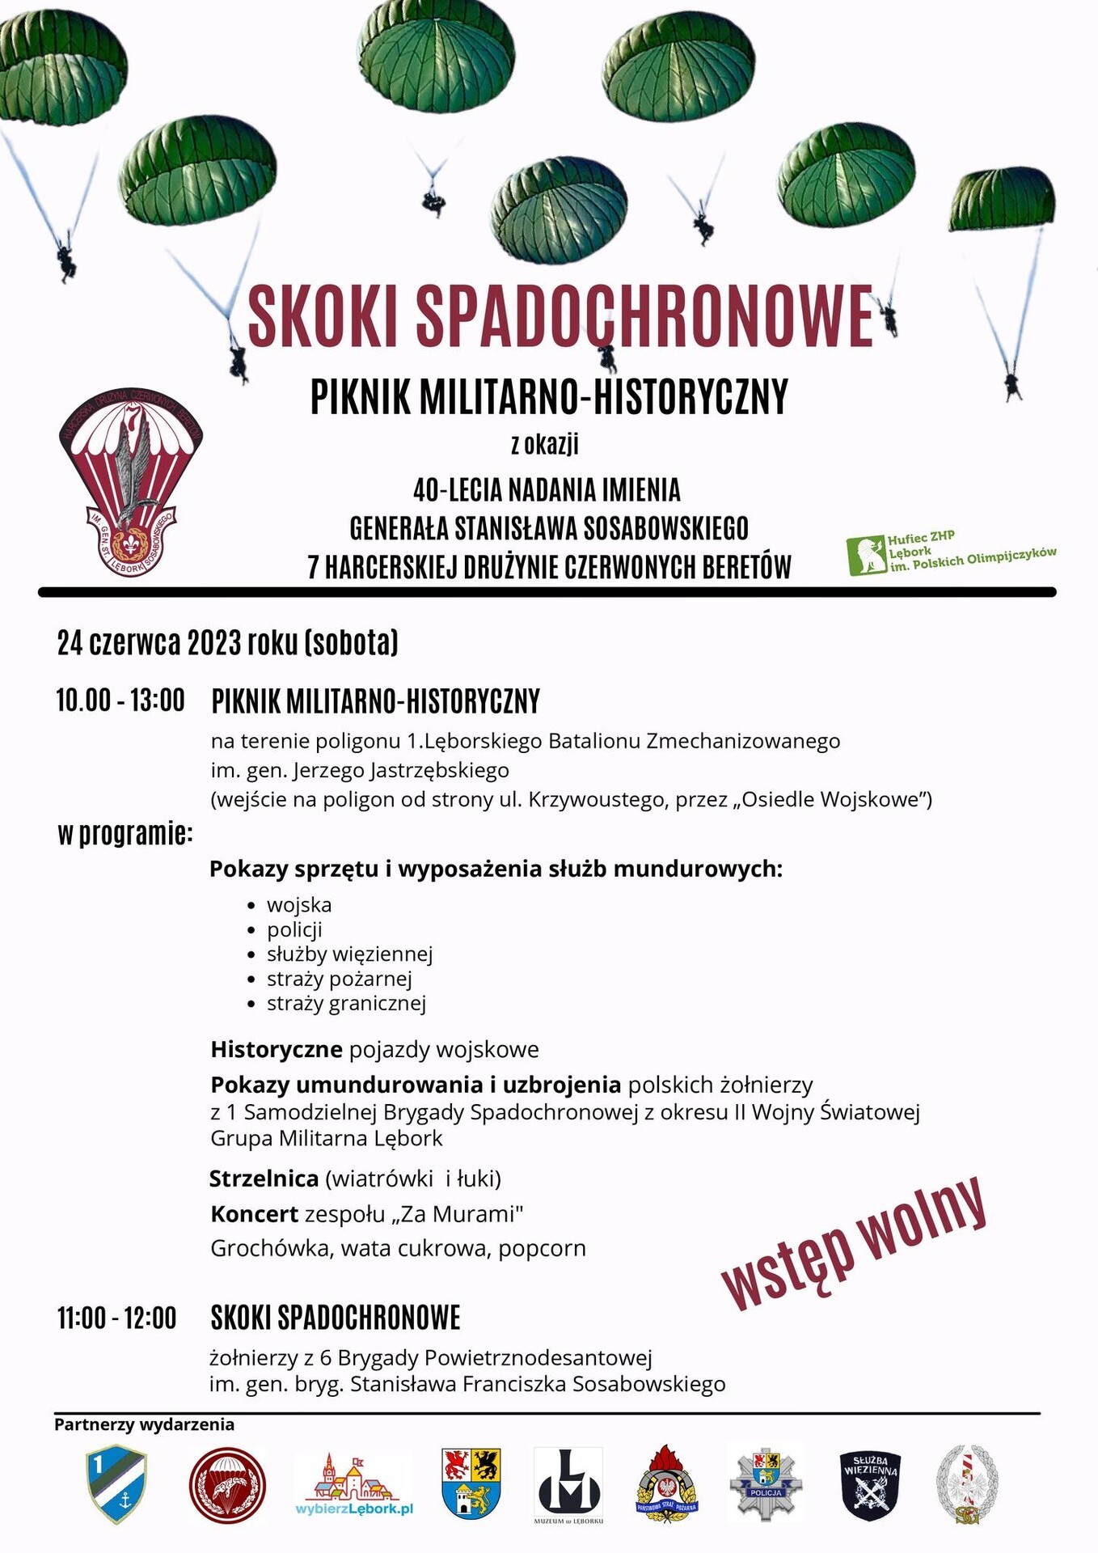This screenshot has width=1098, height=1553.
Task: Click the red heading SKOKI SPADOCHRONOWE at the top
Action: (560, 315)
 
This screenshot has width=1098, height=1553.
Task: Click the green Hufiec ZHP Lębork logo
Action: (951, 554)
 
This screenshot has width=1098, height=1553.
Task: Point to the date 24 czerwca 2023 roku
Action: (227, 643)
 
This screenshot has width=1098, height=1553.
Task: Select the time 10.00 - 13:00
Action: (120, 700)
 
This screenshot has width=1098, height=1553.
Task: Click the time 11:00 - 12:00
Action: (116, 1318)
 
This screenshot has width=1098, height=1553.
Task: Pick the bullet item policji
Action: (294, 929)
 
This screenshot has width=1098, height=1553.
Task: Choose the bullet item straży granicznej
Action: (346, 1004)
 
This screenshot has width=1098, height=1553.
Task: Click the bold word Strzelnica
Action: (264, 1179)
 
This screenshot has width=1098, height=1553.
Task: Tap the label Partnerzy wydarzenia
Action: (144, 1424)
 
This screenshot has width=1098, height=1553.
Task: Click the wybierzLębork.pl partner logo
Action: (354, 1486)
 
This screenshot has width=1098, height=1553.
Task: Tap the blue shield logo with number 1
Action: (116, 1484)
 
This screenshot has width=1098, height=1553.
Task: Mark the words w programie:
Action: (125, 833)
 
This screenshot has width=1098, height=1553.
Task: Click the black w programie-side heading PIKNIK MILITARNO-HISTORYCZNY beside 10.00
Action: (375, 701)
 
